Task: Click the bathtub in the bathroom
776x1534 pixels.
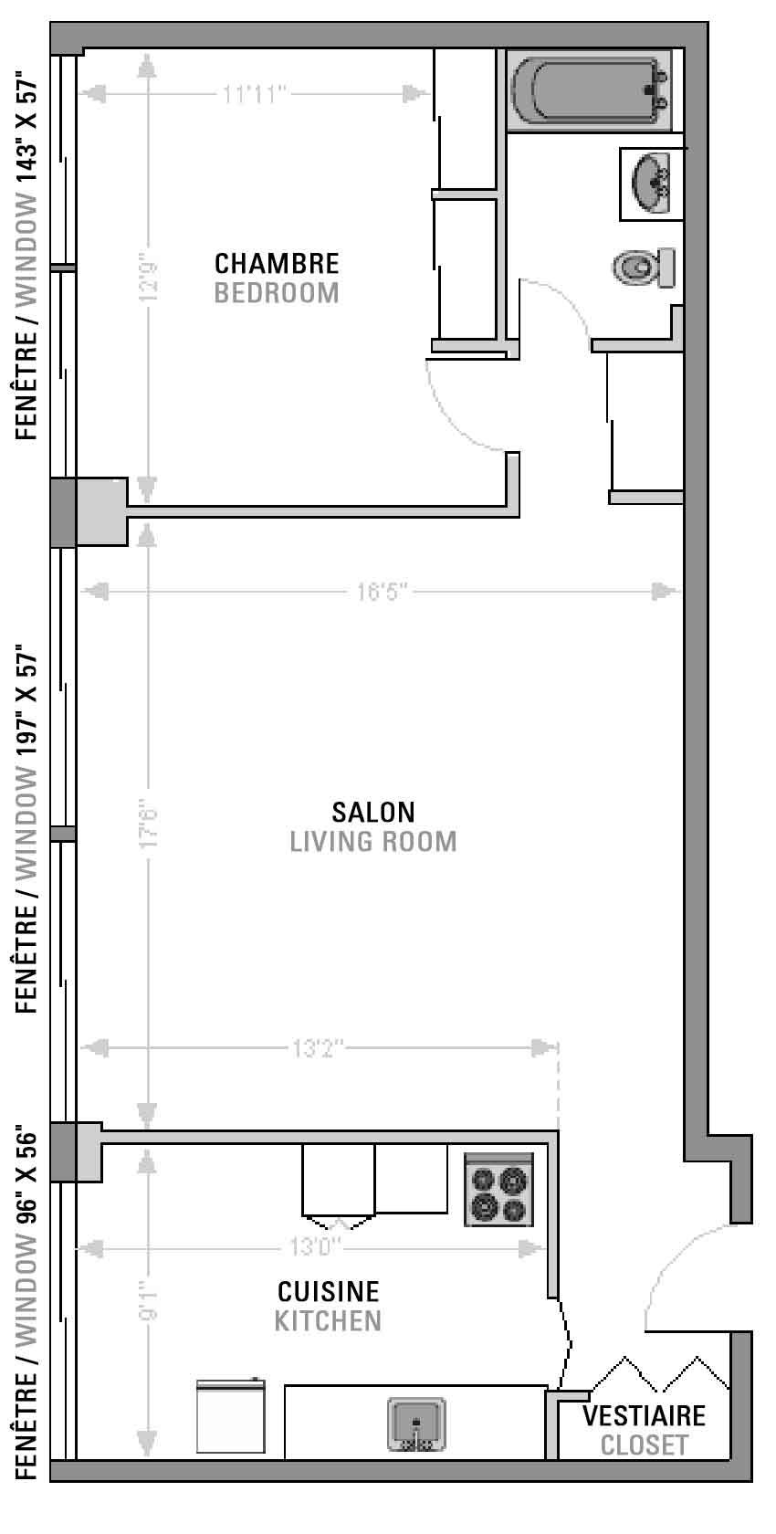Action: tap(589, 89)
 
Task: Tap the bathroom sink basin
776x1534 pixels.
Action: tap(651, 183)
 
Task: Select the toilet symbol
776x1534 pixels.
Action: tap(644, 267)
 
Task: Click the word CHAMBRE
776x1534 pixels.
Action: tap(277, 264)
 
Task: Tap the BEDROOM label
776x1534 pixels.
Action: tap(277, 293)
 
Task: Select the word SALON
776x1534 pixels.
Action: tap(373, 813)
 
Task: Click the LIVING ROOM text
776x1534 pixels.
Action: tap(373, 842)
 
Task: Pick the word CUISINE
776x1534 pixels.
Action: tap(328, 1291)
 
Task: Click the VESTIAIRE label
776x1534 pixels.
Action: tap(644, 1415)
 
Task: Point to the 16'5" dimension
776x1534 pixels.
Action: tap(382, 591)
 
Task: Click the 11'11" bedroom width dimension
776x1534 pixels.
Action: tap(254, 94)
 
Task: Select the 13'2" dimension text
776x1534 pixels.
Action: tap(318, 1048)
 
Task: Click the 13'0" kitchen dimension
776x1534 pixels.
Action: tap(314, 1246)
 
